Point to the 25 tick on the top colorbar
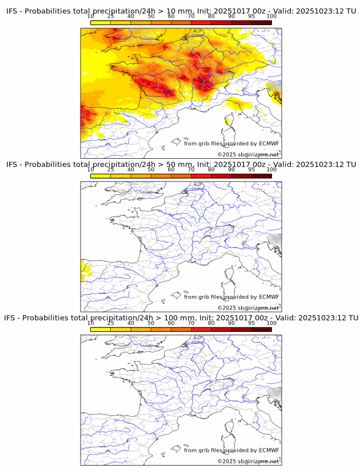coord(111,17)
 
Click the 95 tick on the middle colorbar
coord(251,170)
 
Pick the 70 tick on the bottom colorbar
coord(191,323)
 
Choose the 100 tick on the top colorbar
coord(271,17)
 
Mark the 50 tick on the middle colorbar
coord(151,170)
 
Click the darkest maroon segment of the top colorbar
coord(261,22)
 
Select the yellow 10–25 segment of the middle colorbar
coord(101,176)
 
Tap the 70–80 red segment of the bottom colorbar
coord(201,329)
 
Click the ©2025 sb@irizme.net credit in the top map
coord(248,154)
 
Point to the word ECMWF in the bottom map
coord(269,450)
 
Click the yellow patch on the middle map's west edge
coord(85,268)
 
